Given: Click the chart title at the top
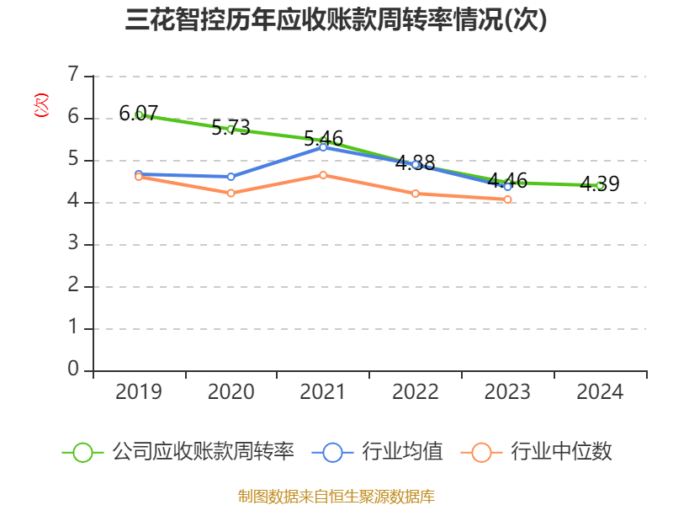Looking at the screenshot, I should [x=336, y=20].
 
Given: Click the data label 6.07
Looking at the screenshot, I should [x=139, y=113].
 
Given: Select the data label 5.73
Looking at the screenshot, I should [x=231, y=128].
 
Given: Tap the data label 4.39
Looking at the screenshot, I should [x=600, y=184].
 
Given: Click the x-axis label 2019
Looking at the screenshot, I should [x=139, y=392].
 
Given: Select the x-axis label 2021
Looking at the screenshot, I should [x=323, y=392].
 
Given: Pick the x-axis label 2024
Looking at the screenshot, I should [x=600, y=392].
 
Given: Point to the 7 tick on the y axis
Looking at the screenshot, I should [x=74, y=76].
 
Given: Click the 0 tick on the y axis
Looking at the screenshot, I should [x=74, y=370].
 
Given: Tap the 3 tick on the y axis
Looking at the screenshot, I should [x=74, y=244].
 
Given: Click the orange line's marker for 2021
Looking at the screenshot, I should [x=323, y=175].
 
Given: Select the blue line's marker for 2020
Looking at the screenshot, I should [x=231, y=177].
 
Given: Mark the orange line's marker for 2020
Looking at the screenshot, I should [x=231, y=194].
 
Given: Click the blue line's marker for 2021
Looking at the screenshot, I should [x=323, y=147].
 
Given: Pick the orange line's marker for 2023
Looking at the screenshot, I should [x=507, y=199].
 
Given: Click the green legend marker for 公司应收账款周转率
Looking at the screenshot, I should [x=82, y=452].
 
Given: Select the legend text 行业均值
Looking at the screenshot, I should [x=402, y=452].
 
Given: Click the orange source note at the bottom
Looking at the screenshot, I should [x=336, y=496].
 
